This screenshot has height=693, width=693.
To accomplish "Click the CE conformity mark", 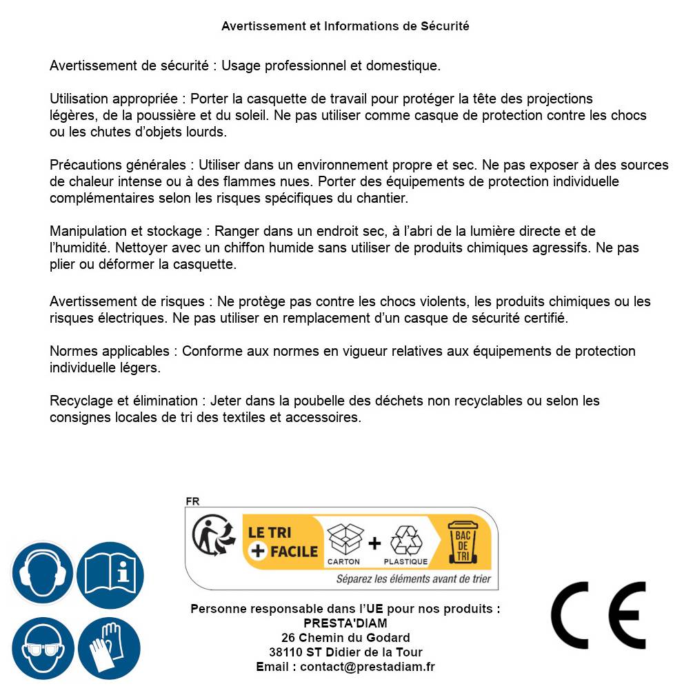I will pyautogui.click(x=598, y=616).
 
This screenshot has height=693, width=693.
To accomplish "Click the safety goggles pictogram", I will pyautogui.click(x=42, y=649).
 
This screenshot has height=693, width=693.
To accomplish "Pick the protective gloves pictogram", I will pyautogui.click(x=109, y=649).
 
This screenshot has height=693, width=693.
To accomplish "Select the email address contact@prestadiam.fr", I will pyautogui.click(x=368, y=667).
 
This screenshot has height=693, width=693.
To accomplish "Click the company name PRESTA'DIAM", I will pyautogui.click(x=345, y=623).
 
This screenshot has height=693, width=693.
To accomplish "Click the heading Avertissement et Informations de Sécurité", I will pyautogui.click(x=345, y=26).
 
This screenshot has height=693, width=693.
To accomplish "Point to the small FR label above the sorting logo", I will pyautogui.click(x=192, y=501).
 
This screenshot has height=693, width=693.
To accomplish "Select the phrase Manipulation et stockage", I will pyautogui.click(x=125, y=231).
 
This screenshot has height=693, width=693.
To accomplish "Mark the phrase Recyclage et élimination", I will pyautogui.click(x=123, y=401).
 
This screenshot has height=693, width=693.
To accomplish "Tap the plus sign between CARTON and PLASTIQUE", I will pyautogui.click(x=374, y=543).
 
